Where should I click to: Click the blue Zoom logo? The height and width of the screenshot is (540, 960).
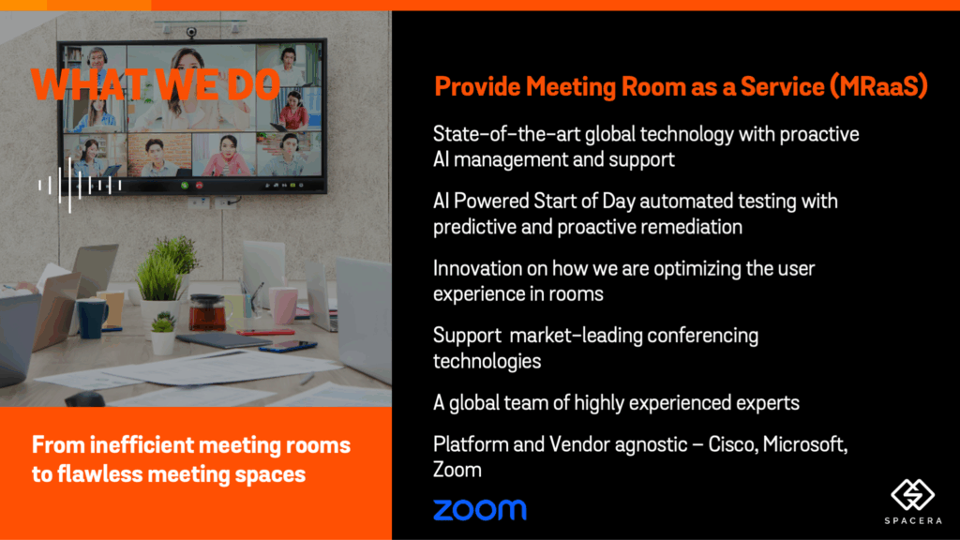[479, 510]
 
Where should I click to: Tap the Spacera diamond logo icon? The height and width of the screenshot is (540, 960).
[912, 495]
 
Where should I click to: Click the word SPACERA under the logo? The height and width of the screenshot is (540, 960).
[913, 521]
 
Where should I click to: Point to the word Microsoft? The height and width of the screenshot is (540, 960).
[805, 444]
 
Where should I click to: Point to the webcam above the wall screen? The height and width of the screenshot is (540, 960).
[191, 32]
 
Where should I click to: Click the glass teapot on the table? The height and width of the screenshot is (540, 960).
[207, 312]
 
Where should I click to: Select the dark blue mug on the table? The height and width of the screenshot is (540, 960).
[92, 318]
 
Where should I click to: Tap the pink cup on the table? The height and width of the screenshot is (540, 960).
[283, 306]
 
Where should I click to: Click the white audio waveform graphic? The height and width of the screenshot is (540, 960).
[80, 185]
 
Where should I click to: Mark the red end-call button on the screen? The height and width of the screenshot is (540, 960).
[199, 185]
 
